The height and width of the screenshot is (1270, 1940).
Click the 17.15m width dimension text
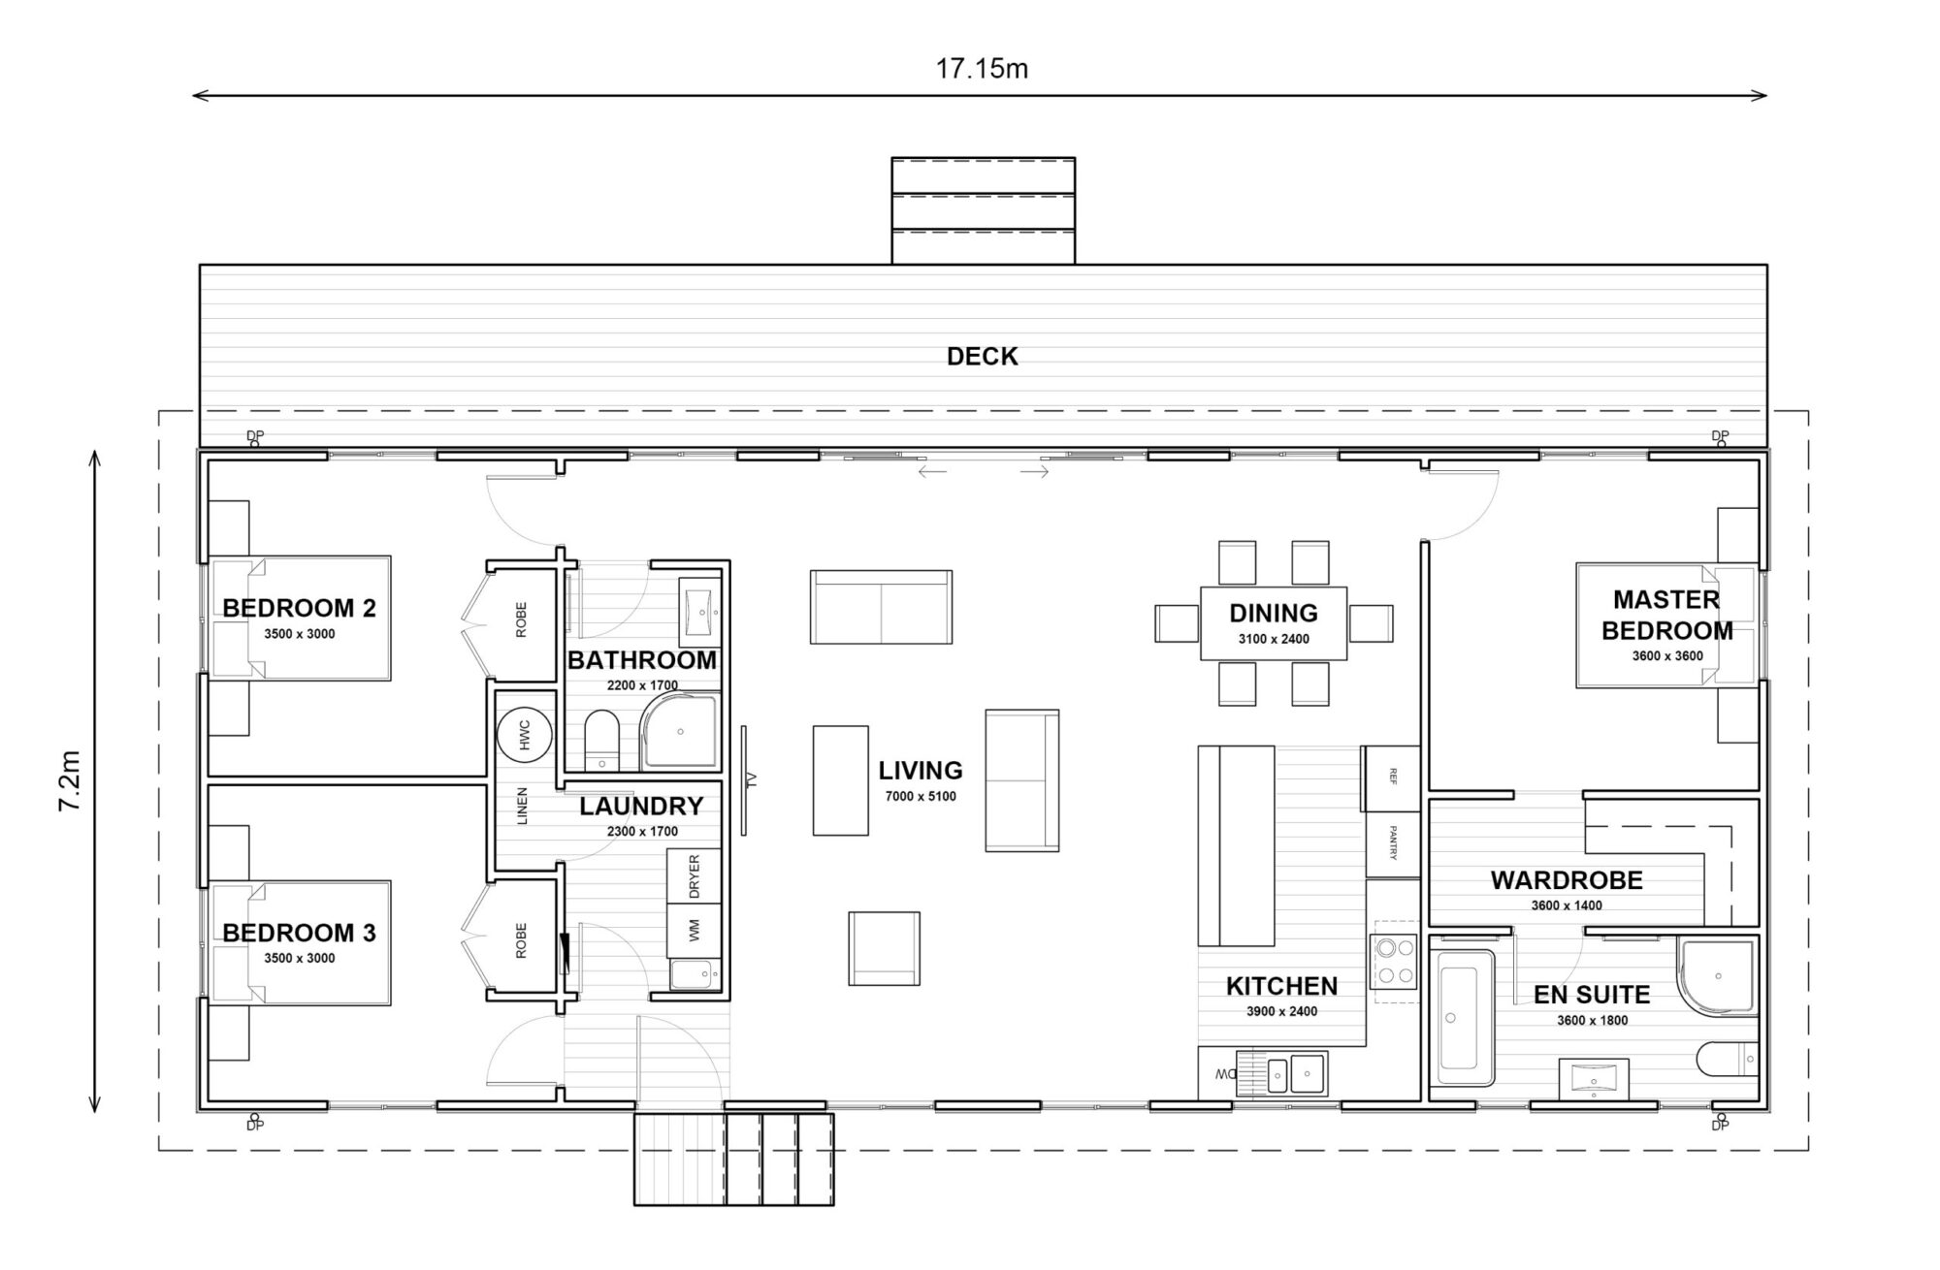point(981,69)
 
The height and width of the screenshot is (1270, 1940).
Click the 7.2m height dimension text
point(70,780)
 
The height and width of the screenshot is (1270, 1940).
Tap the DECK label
point(982,357)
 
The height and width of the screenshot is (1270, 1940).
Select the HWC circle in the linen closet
point(525,734)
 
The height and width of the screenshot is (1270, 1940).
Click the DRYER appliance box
point(694,875)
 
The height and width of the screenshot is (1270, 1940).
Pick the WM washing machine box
point(694,931)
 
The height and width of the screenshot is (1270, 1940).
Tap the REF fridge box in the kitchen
point(1392,778)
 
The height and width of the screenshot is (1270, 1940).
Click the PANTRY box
point(1392,843)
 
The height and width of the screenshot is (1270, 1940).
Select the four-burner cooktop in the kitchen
point(1393,961)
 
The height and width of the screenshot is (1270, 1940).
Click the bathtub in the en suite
point(1465,1018)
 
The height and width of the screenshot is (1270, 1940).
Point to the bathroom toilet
point(602,740)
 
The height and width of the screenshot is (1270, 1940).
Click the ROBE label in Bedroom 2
point(521,619)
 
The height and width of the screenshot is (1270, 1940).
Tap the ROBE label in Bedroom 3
point(521,939)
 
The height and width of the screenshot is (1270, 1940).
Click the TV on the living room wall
point(745,779)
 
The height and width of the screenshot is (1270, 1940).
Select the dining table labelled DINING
point(1273,623)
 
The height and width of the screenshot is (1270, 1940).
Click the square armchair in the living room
point(884,948)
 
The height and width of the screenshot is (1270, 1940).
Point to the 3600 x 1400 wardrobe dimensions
point(1567,905)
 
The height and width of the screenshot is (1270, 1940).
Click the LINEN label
point(522,806)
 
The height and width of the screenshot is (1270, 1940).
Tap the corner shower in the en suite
point(1717,977)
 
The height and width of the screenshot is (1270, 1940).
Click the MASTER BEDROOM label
point(1666,615)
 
